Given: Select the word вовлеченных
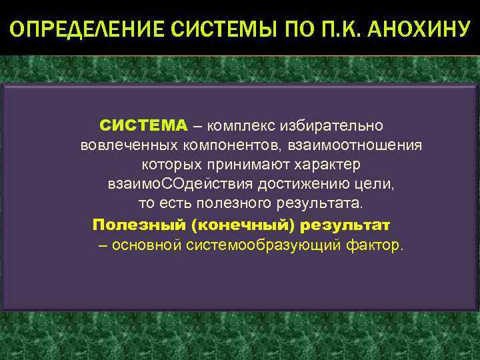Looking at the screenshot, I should coord(127,145).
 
